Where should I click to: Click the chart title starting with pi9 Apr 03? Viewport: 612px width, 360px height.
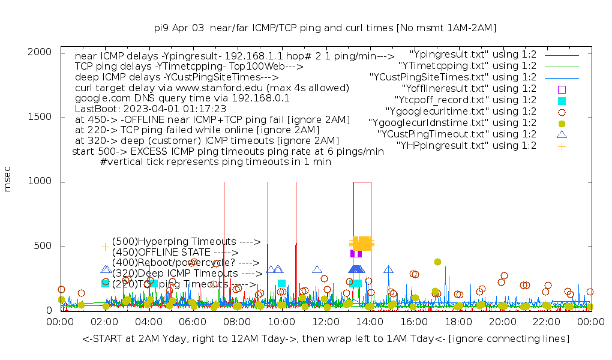tap(325, 28)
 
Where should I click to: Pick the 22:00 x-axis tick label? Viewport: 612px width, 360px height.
tap(547, 323)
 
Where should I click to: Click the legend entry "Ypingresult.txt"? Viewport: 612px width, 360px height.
tap(473, 55)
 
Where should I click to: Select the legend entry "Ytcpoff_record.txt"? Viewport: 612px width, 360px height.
tap(466, 100)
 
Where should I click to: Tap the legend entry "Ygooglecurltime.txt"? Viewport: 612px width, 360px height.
tap(461, 112)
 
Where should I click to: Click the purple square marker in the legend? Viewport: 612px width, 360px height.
tap(562, 89)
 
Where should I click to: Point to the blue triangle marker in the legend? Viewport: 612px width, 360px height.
tap(562, 134)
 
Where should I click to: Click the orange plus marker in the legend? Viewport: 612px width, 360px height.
tap(562, 146)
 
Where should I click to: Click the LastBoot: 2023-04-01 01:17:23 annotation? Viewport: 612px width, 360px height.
tap(151, 109)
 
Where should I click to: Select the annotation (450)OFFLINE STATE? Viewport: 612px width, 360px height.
tap(175, 253)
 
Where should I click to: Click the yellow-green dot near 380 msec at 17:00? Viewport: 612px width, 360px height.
tap(437, 262)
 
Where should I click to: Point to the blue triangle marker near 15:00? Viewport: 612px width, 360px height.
tap(388, 269)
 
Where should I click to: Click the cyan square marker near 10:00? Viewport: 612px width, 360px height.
tap(281, 284)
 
